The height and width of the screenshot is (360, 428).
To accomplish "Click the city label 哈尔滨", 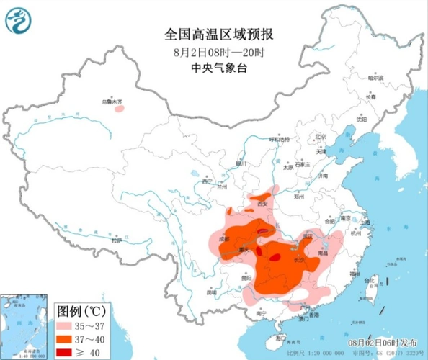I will point(375,77).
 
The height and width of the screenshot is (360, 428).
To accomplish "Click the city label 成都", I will point(224,237).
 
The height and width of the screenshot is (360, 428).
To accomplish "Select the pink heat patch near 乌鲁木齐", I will point(119,109).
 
